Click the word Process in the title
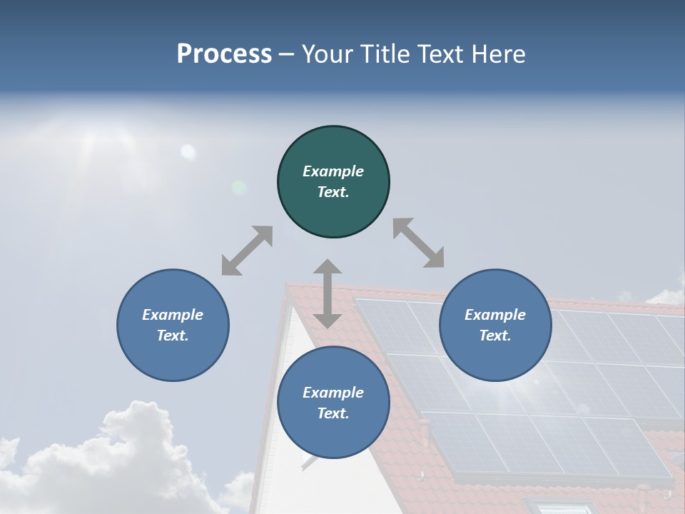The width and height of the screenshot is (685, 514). coord(224,54)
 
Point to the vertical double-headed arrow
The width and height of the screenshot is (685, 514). coord(328,293)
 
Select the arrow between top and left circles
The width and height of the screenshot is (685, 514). coord(247,251)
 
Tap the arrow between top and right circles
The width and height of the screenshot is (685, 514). coord(418,243)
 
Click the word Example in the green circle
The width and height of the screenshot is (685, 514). coord(333,171)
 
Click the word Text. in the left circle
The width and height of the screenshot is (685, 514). coord(173,336)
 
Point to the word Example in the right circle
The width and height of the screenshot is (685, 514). coord(495,315)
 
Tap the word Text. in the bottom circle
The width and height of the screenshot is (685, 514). coord(333,413)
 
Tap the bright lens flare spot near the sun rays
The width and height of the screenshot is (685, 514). coord(188,151)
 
